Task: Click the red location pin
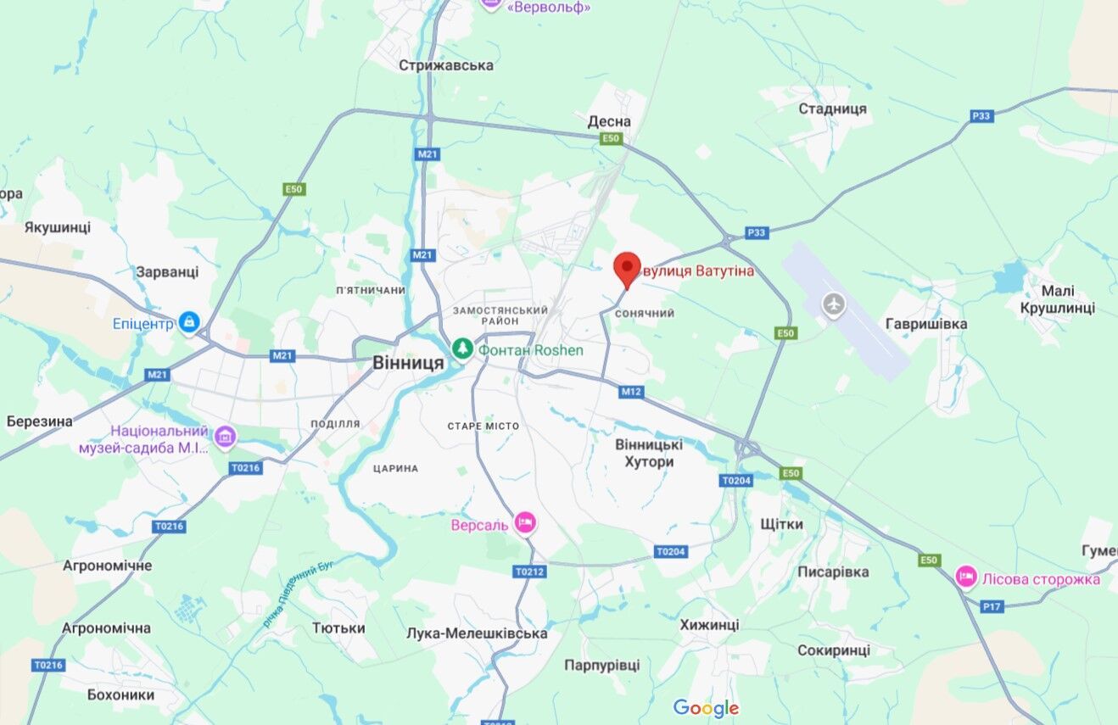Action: click(627, 268)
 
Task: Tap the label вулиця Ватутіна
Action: click(697, 271)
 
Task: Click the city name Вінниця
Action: click(408, 363)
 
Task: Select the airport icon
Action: click(835, 304)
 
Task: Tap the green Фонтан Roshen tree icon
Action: click(462, 349)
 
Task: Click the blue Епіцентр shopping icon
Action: click(188, 322)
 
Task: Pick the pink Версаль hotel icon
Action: click(525, 523)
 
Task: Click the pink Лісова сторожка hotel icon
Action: click(966, 577)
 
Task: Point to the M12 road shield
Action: click(631, 392)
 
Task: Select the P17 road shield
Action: click(992, 606)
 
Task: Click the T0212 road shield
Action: click(529, 572)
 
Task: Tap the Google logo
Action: click(706, 708)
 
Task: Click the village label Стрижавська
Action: click(446, 65)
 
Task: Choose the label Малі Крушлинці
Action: click(1057, 299)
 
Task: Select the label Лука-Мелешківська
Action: click(477, 633)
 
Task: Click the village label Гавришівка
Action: click(925, 324)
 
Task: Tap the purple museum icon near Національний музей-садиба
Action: click(225, 437)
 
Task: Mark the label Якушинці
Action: click(57, 227)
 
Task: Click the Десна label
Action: click(609, 121)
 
